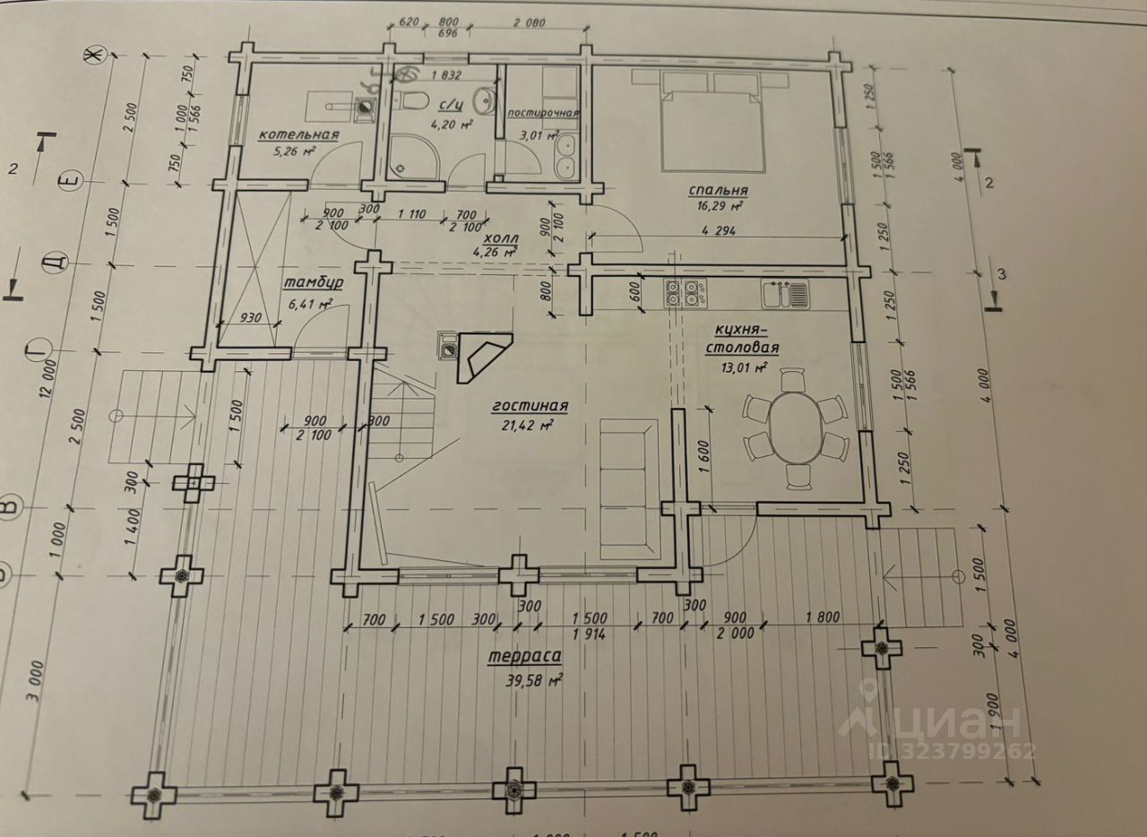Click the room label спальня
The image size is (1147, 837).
coord(718,190)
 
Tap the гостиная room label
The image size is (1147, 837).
coord(530,406)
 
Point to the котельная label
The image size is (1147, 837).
coord(298,135)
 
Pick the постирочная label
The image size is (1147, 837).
coord(543,114)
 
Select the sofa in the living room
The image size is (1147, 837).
coord(626,489)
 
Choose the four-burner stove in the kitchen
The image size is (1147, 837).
coord(687,294)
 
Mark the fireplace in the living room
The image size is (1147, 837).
coord(480,356)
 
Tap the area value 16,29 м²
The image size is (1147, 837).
coord(720,205)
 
